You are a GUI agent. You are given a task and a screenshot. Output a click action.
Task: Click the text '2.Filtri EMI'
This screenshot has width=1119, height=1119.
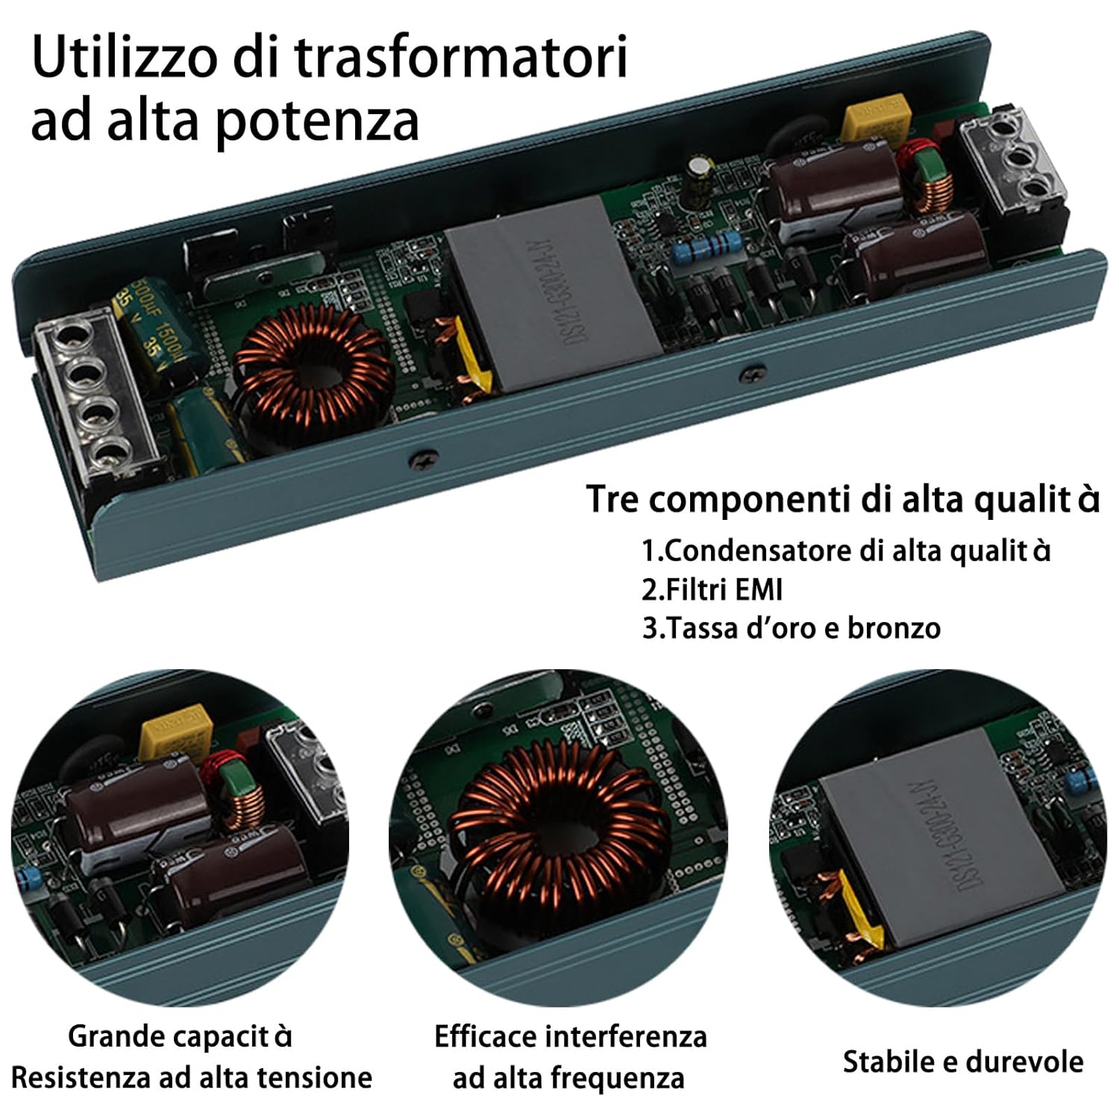click(712, 589)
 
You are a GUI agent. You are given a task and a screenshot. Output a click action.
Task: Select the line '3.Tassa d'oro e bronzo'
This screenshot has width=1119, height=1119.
click(791, 628)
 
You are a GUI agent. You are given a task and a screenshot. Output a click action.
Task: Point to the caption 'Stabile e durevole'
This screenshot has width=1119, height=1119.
click(962, 1061)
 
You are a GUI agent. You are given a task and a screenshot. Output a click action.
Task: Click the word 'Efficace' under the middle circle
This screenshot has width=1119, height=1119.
click(485, 1036)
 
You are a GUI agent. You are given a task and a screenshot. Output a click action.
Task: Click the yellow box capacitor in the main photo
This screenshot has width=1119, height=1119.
click(877, 123)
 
